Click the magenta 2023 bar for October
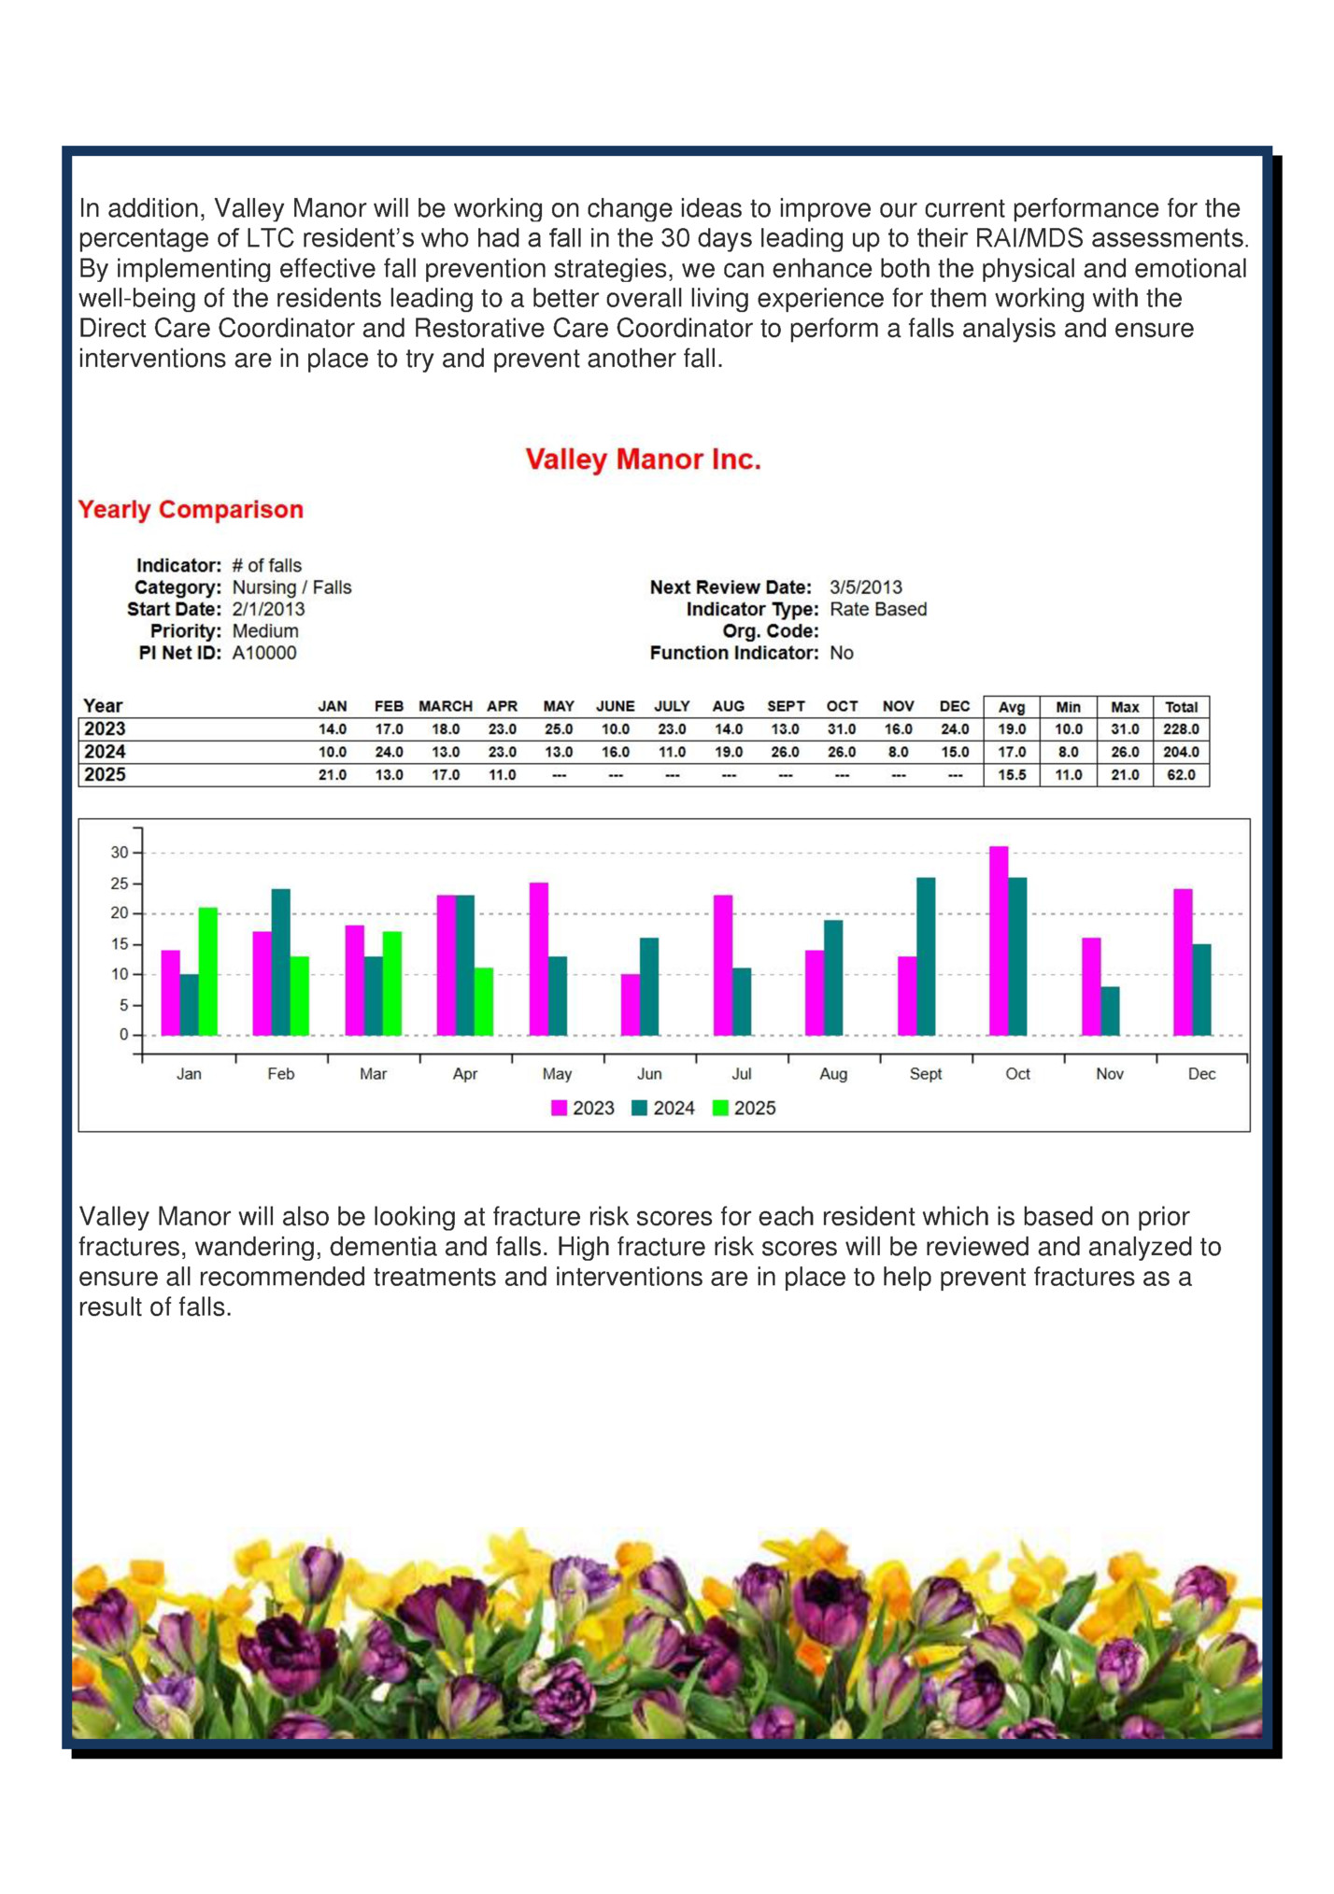click(999, 941)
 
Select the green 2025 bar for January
click(207, 971)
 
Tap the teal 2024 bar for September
click(926, 956)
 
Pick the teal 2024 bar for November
click(1110, 1011)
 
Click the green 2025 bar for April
click(484, 1002)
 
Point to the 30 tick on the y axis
click(120, 853)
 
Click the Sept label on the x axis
click(926, 1074)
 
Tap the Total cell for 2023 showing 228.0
click(1181, 729)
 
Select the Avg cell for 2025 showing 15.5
click(1012, 775)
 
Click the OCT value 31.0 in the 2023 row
click(842, 729)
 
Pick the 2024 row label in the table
click(105, 752)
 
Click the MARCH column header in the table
click(445, 706)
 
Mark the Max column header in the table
click(1125, 707)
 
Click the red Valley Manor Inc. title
click(643, 459)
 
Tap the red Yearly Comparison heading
click(191, 510)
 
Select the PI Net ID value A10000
click(264, 653)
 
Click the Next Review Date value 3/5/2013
click(866, 587)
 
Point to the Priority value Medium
click(265, 631)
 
